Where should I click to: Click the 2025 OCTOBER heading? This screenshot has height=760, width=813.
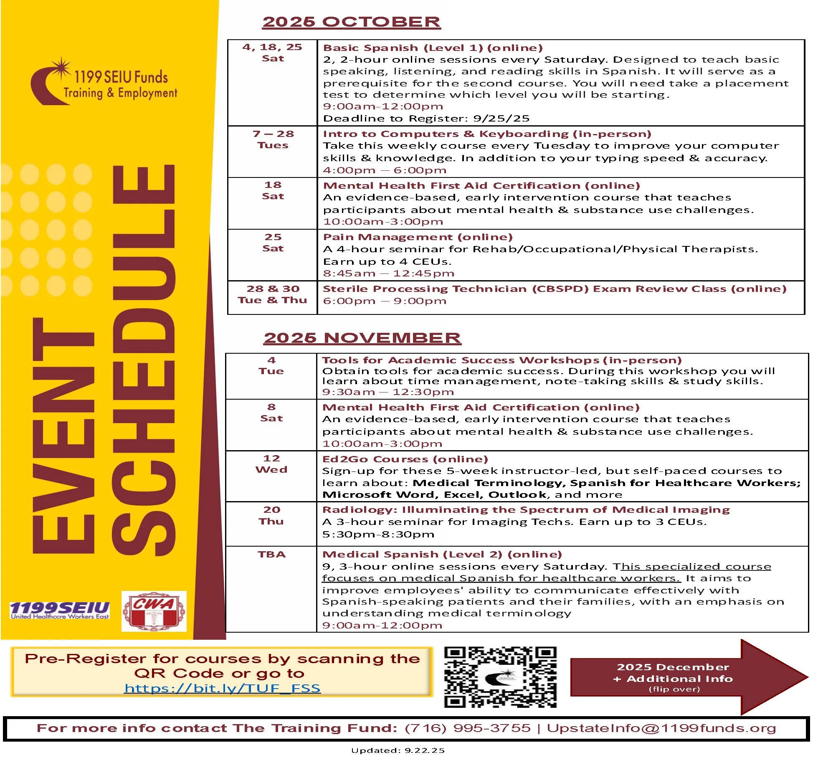(351, 22)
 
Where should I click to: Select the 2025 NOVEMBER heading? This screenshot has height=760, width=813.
(362, 338)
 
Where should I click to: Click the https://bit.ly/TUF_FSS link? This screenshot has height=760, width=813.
(222, 688)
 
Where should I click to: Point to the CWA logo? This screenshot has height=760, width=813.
(154, 611)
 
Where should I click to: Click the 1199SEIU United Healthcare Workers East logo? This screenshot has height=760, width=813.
(60, 610)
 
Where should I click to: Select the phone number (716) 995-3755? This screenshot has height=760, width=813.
(467, 728)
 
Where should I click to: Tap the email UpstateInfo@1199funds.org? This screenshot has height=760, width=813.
(661, 728)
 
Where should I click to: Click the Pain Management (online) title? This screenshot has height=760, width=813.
(418, 237)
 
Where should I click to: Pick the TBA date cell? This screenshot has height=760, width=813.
(271, 554)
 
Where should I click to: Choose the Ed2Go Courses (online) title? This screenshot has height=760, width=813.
(405, 459)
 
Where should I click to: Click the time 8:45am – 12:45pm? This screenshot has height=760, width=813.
(388, 274)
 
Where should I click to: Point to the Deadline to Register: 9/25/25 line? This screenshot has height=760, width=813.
(426, 119)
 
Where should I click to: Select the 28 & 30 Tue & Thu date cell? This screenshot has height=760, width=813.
(272, 294)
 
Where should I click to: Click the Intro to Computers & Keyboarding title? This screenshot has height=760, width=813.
(487, 134)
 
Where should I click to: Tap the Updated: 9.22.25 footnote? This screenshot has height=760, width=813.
(398, 750)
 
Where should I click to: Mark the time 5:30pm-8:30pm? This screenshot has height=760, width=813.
(378, 534)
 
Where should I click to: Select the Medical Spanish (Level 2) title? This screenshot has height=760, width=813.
(442, 554)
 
